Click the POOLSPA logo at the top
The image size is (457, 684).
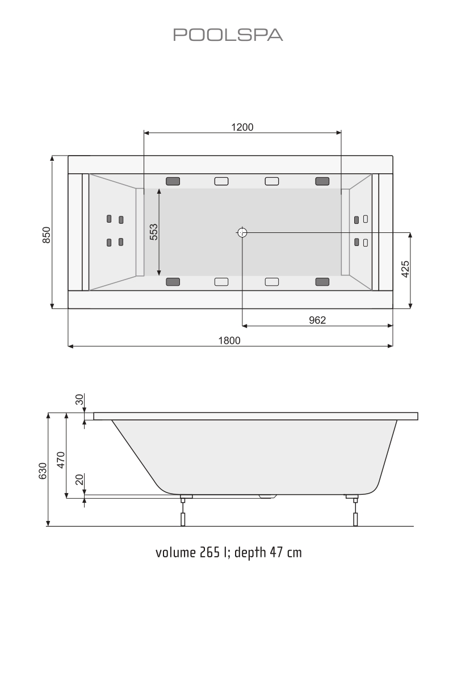tap(228, 35)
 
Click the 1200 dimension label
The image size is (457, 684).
tap(242, 127)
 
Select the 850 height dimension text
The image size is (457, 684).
tap(47, 235)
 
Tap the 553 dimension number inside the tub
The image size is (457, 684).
tap(153, 232)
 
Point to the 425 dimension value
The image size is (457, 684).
tap(405, 269)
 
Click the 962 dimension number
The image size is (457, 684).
tap(317, 320)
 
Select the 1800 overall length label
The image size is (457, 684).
tap(230, 340)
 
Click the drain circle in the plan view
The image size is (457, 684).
tap(242, 232)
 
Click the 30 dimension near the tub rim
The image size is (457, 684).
tap(79, 400)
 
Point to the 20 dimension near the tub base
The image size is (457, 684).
tap(79, 481)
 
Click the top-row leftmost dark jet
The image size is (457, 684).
tap(173, 181)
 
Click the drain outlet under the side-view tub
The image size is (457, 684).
tap(267, 497)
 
